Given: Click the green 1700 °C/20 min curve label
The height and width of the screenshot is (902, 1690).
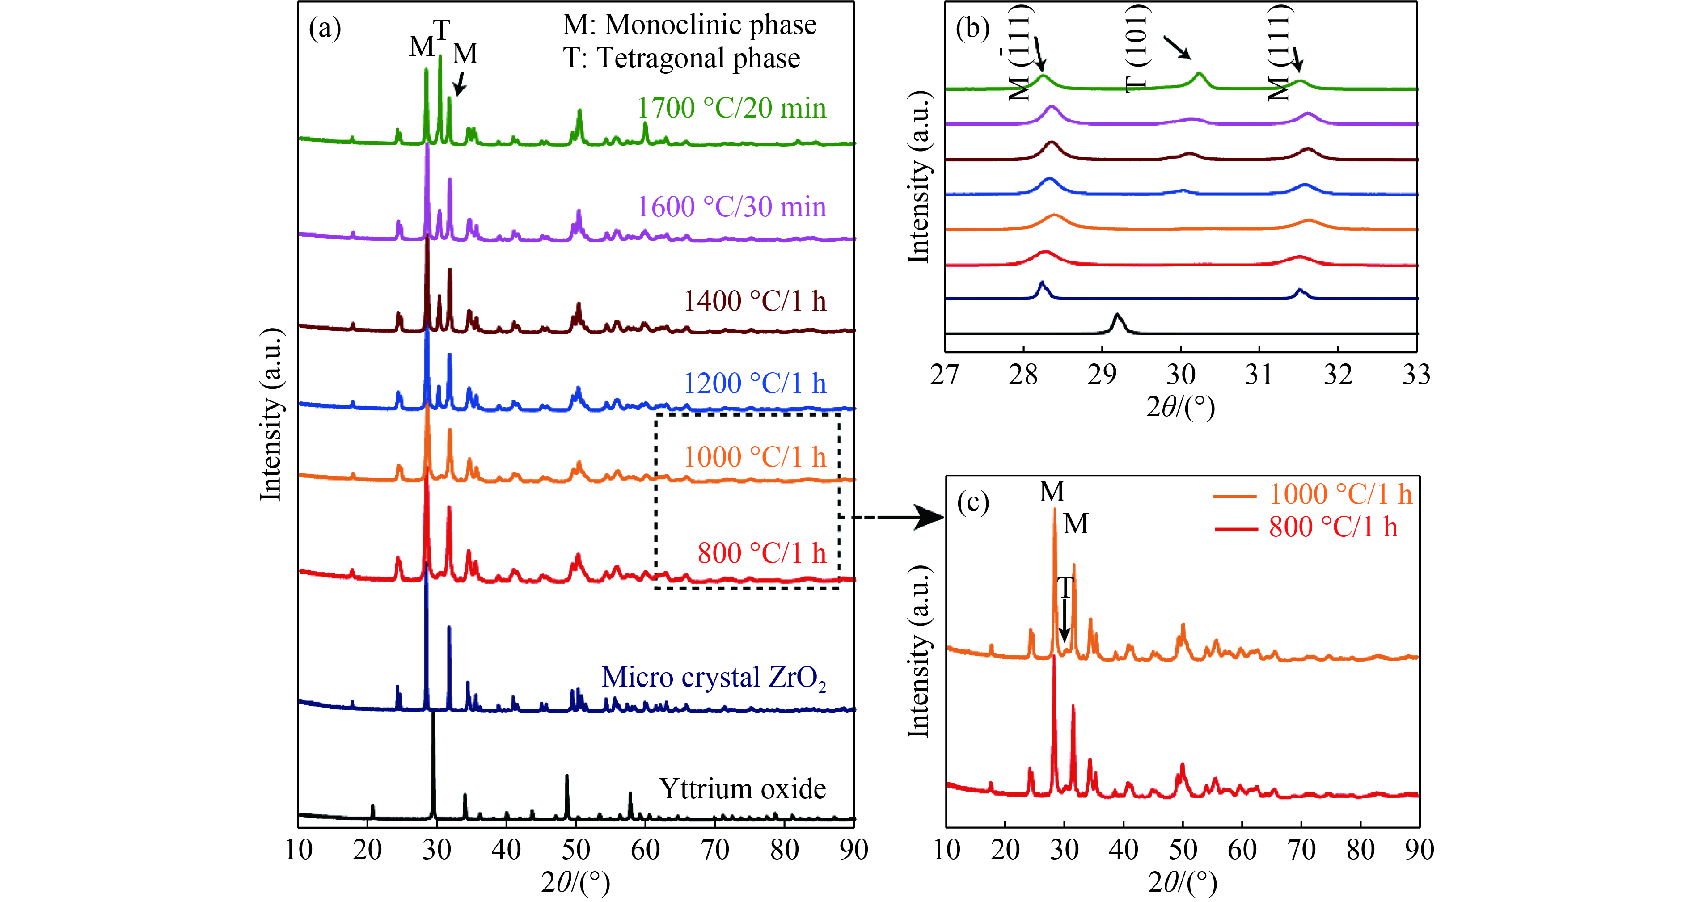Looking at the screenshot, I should pyautogui.click(x=731, y=108).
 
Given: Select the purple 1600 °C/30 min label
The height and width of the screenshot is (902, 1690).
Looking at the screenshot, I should pyautogui.click(x=731, y=207).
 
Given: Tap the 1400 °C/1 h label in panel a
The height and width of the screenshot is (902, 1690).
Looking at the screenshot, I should pyautogui.click(x=755, y=301).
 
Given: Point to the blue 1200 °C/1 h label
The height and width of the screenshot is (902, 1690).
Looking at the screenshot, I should pyautogui.click(x=755, y=383).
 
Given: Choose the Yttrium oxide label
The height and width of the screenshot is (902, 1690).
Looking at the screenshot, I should pyautogui.click(x=742, y=788).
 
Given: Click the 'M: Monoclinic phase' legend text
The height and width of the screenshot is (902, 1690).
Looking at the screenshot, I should pyautogui.click(x=689, y=25).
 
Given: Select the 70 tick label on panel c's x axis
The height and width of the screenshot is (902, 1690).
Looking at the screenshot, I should pyautogui.click(x=1301, y=850).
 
